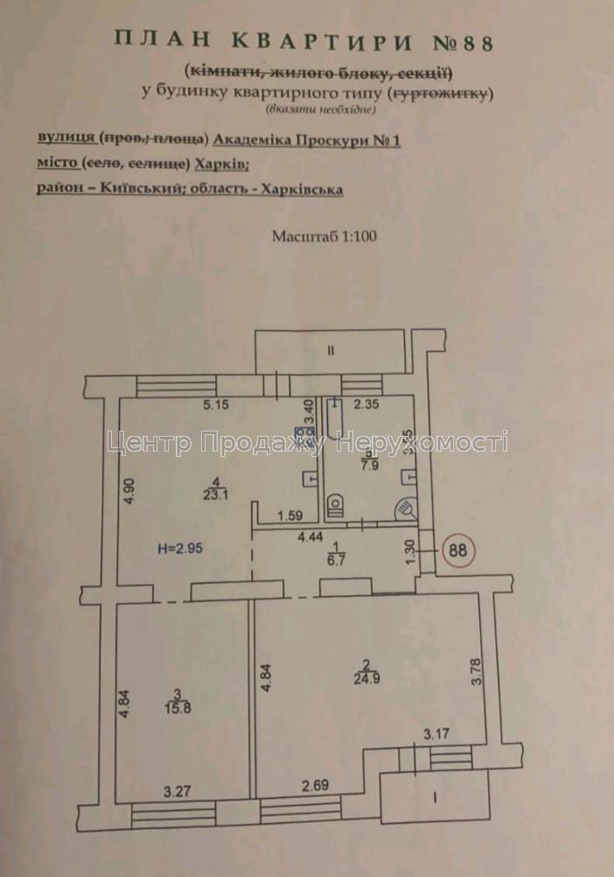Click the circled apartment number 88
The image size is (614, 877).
tap(456, 551)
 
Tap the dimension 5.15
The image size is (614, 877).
tap(215, 404)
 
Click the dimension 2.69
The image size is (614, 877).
tap(316, 786)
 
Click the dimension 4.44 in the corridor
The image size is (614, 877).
tap(336, 538)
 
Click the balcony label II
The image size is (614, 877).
tap(331, 351)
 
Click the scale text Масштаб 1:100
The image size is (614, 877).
tap(324, 236)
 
